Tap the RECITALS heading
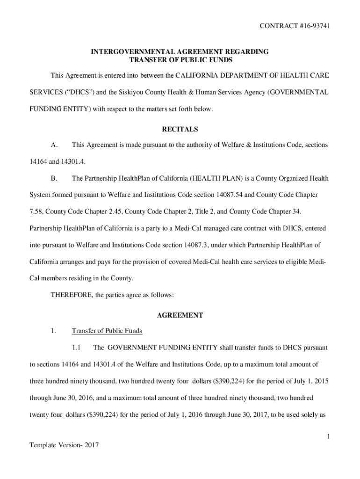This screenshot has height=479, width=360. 180,129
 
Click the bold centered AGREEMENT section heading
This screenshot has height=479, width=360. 180,315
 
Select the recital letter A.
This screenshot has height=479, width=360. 53,145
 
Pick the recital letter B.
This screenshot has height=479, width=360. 53,178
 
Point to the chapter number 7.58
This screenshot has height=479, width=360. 36,211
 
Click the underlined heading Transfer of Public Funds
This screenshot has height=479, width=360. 107,331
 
